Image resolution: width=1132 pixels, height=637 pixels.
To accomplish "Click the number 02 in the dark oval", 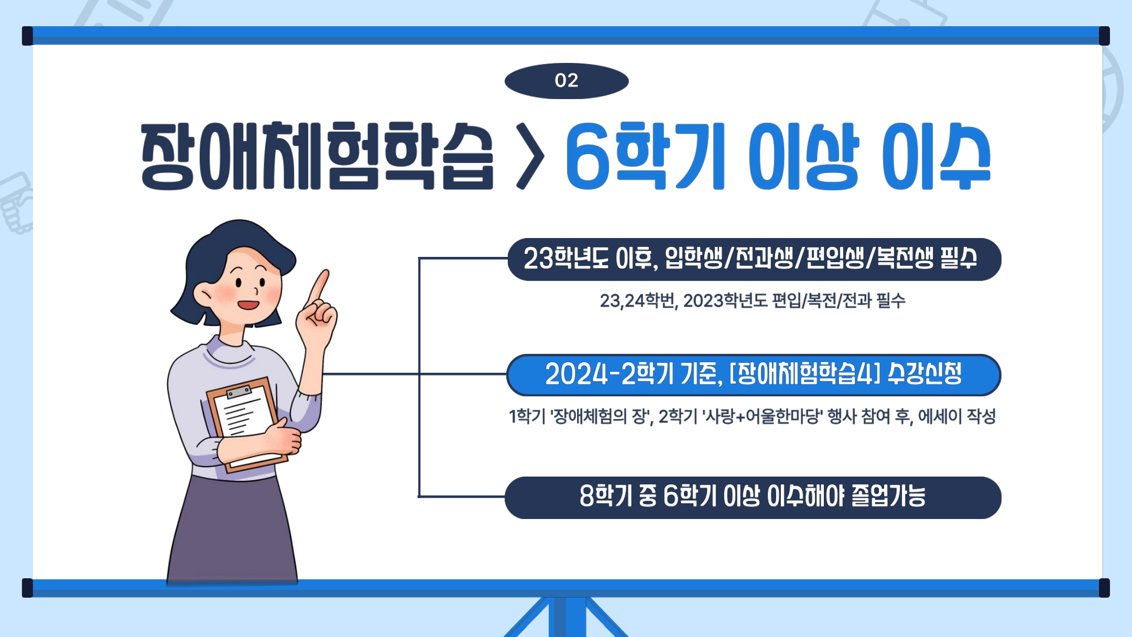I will coord(566,81).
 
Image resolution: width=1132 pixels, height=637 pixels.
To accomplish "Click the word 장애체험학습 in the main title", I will coord(317,156).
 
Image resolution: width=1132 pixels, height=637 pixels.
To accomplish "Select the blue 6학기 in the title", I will coord(645,156).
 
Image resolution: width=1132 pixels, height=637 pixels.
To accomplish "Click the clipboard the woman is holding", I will coord(246,419).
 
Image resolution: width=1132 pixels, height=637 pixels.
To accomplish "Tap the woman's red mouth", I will coord(248,305).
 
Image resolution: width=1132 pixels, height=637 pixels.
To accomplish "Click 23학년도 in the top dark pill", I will coord(566,258).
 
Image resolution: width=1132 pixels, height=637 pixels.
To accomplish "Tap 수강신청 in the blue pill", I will coord(925,374).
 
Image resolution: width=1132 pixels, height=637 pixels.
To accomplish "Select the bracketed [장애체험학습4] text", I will coord(804,374).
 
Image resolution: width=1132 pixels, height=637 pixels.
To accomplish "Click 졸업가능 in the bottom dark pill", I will coord(888,496).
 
